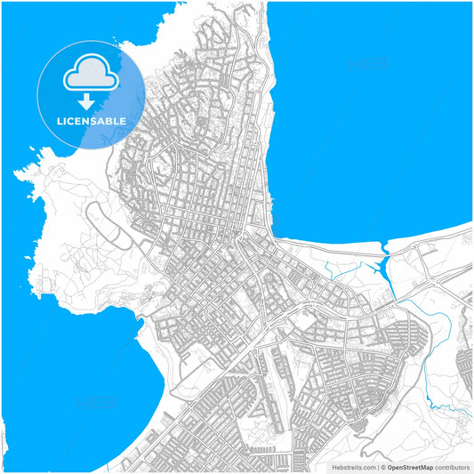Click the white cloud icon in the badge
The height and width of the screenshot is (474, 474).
click(91, 75)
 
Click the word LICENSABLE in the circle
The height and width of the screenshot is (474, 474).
click(91, 120)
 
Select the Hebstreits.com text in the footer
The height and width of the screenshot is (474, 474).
click(354, 466)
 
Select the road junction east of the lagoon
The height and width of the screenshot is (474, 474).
click(436, 283)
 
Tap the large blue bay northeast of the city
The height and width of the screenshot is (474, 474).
click(374, 116)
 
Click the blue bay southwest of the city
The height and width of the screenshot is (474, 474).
click(71, 382)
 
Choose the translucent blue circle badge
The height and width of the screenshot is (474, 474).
click(91, 93)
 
